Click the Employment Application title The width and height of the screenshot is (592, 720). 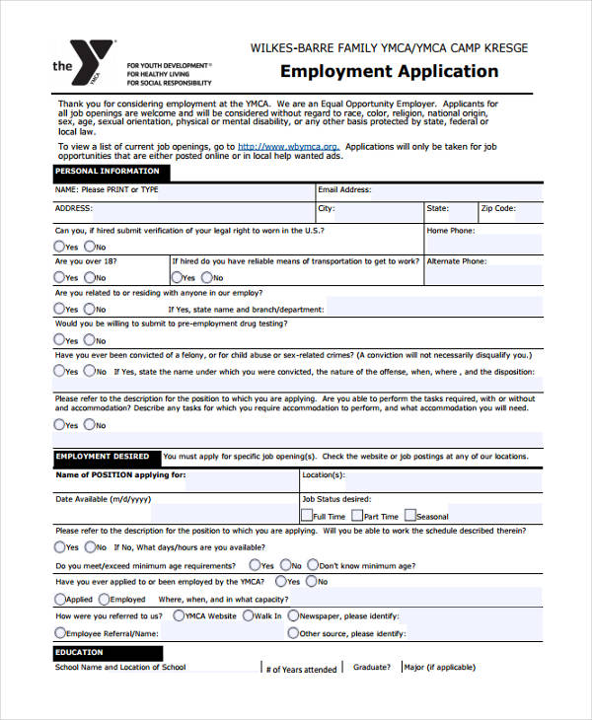tap(390, 71)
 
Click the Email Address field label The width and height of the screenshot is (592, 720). tap(344, 189)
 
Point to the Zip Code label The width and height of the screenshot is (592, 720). tap(498, 209)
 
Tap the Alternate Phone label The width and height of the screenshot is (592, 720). tap(456, 261)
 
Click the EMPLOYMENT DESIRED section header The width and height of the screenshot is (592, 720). tap(103, 457)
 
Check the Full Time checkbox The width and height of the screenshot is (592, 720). tap(307, 516)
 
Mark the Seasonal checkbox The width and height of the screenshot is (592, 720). tap(410, 516)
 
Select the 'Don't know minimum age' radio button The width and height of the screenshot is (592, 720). tap(314, 565)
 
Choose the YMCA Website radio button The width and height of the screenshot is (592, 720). tap(178, 615)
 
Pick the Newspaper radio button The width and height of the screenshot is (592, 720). tap(293, 615)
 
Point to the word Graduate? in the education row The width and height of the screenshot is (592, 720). tap(372, 667)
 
